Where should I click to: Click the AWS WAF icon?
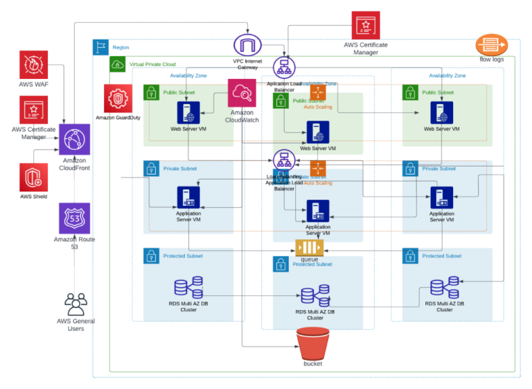pos(34,64)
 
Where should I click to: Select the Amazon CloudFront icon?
pos(74,141)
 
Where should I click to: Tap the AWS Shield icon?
pos(34,177)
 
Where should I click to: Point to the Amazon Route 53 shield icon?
pos(74,219)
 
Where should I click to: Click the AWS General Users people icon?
pos(76,304)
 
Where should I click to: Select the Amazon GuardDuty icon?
pos(118,98)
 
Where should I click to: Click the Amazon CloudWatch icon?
pos(242,93)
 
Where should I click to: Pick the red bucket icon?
pos(312,343)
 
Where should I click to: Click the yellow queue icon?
pos(309,248)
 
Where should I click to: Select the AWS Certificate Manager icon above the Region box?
pos(366,26)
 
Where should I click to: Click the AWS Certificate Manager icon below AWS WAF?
pos(34,110)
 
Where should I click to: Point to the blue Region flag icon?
pos(101,47)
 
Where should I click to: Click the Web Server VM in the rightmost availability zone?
pos(441,112)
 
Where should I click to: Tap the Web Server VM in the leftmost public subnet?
pos(188,112)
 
